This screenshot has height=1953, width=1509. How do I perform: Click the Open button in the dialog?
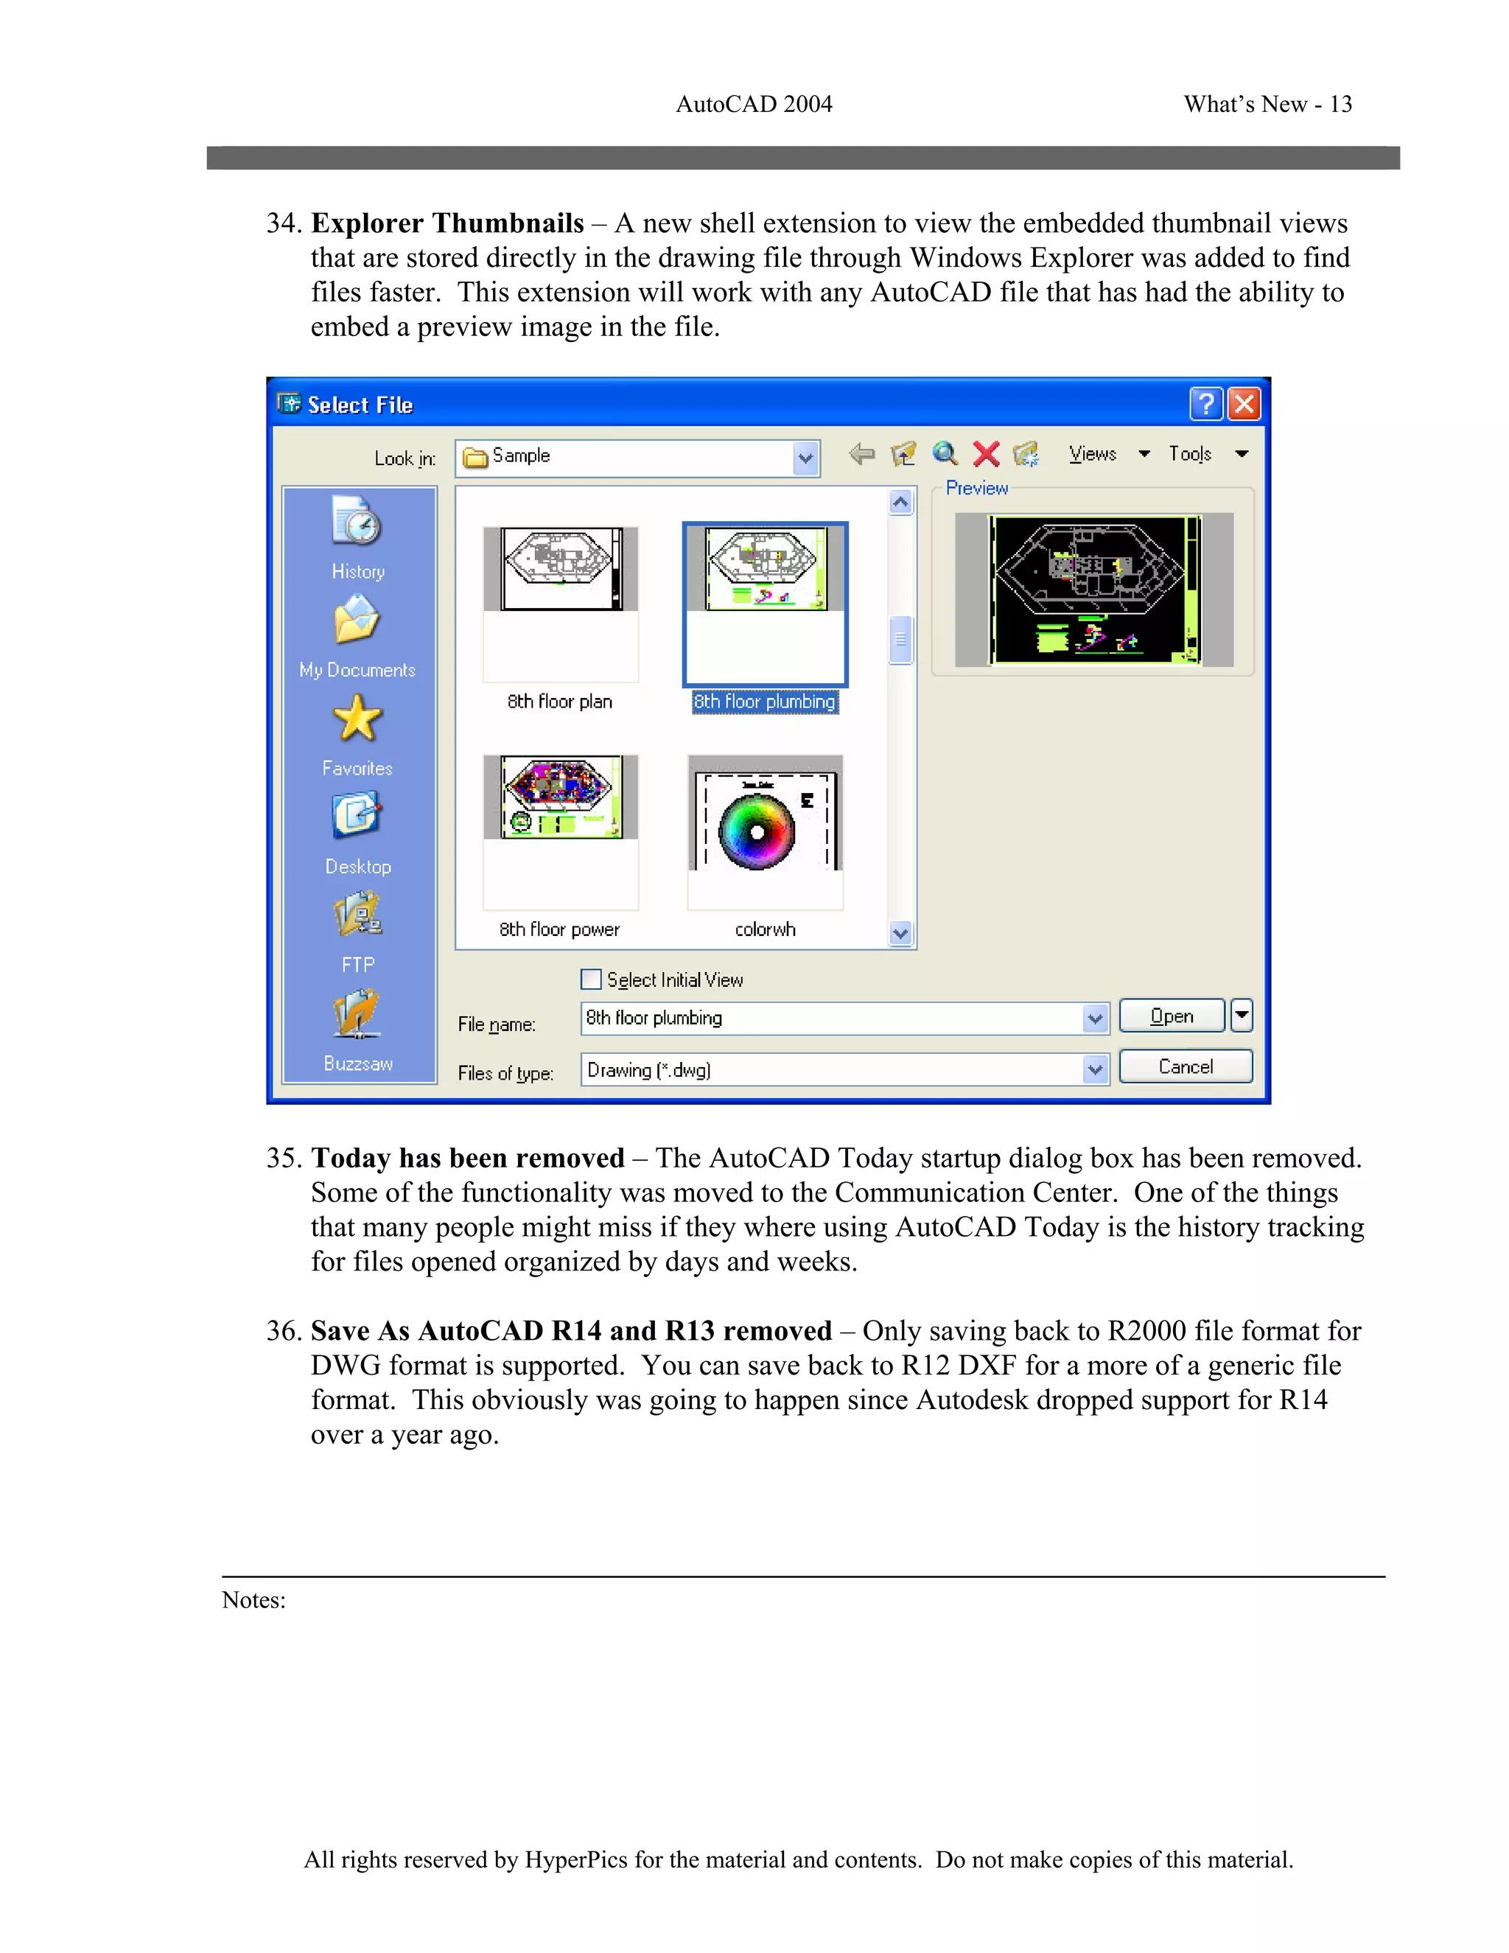coord(1171,1016)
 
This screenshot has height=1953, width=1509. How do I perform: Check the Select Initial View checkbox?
coord(591,979)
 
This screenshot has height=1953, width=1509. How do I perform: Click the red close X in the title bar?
coord(1244,404)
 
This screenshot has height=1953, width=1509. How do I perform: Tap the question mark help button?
coord(1205,404)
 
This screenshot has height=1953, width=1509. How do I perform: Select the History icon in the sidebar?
coord(357,523)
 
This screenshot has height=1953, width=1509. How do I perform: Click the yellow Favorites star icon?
coord(357,720)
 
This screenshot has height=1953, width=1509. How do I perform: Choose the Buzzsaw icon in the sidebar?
coord(357,1015)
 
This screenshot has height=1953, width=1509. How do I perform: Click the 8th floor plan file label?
coord(560,702)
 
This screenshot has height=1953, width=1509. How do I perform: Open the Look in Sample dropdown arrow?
coord(805,458)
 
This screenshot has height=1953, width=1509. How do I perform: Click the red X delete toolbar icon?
coord(986,454)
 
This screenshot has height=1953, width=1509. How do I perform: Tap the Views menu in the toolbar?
coord(1093,454)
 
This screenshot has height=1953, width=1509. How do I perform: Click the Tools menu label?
coord(1190,454)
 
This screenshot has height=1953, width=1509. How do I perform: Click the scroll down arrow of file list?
coord(900,934)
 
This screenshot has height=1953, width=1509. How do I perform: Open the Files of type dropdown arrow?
coord(1095,1069)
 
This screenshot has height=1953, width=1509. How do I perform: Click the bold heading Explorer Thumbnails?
coord(447,223)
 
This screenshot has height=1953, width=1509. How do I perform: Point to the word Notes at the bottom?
coord(253,1600)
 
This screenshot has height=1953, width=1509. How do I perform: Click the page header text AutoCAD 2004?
coord(754,105)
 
